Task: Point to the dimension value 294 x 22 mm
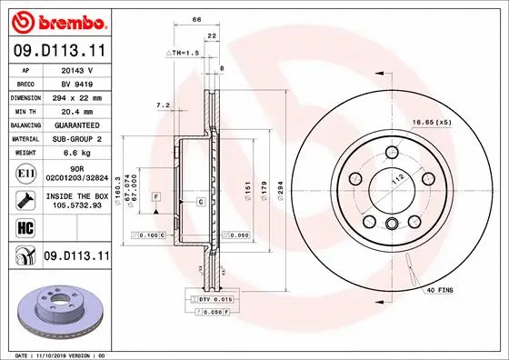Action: coord(76,95)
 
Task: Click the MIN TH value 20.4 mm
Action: coord(76,110)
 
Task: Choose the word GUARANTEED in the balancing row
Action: coord(76,125)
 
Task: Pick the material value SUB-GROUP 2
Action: coord(76,139)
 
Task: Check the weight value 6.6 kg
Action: coord(76,154)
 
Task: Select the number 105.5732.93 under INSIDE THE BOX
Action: coord(76,205)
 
